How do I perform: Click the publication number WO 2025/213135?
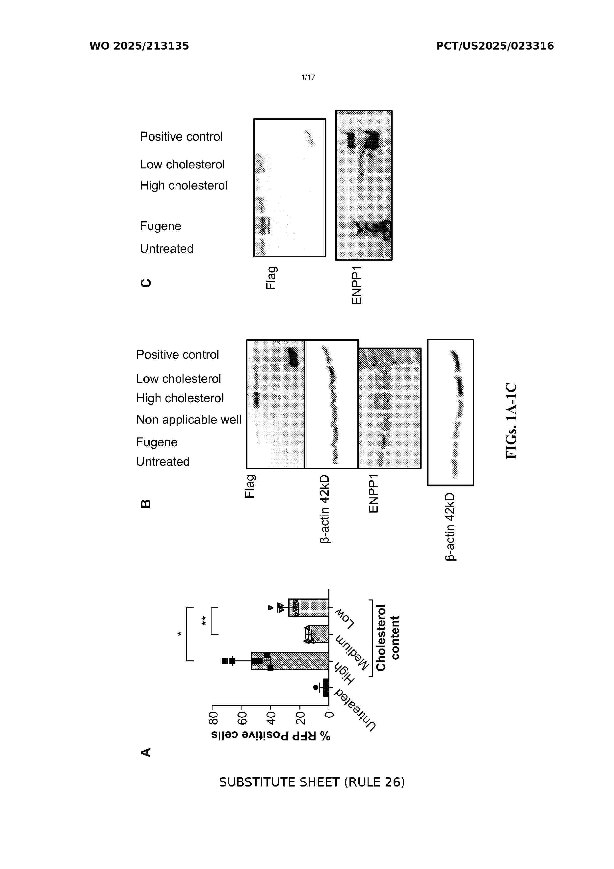coord(139,46)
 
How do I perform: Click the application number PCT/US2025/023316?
coord(495,46)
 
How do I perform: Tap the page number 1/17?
coord(308,78)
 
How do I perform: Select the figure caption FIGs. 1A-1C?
coord(511,421)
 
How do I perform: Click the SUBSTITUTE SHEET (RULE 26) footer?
coord(312,782)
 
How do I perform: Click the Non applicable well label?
coord(188,419)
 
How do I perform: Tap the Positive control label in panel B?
coord(177,355)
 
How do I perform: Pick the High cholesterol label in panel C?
coord(184,186)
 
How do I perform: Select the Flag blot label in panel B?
coord(249,486)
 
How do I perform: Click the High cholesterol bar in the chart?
coord(290,661)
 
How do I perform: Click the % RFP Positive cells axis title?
coord(271,736)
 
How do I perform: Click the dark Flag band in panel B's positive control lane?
coord(293,357)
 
